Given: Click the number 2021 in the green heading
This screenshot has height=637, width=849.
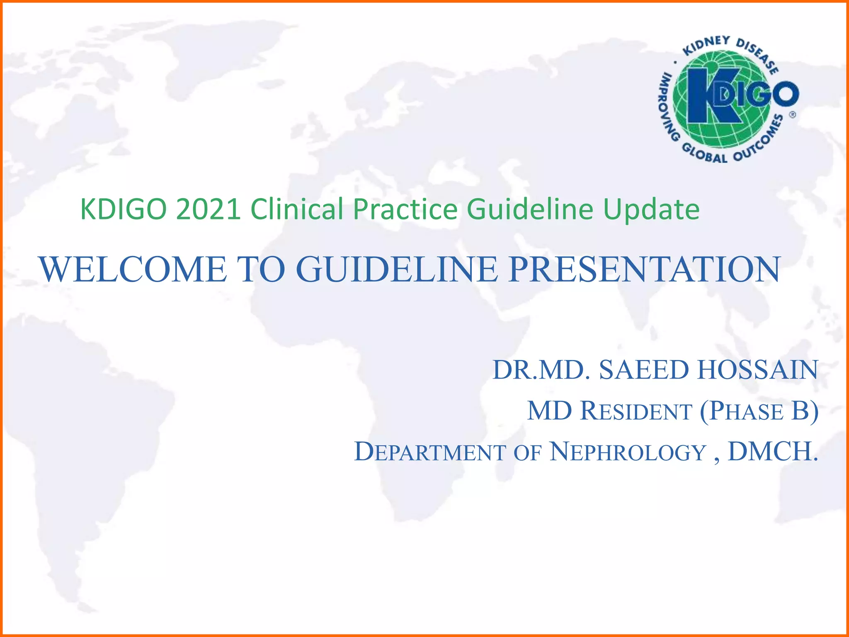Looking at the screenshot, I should [x=208, y=209].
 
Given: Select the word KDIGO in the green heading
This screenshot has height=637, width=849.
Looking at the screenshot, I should [x=124, y=209].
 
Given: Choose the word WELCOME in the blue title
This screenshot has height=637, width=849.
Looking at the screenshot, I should [x=133, y=270].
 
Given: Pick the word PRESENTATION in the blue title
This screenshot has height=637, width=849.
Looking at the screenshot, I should [x=645, y=270].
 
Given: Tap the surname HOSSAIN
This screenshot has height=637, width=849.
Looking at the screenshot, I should [x=757, y=370].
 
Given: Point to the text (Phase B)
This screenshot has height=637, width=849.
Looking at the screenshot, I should [x=759, y=411].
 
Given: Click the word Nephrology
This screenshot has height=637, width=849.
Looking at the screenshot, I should [x=628, y=452].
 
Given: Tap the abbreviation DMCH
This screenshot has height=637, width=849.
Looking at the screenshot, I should [x=772, y=452].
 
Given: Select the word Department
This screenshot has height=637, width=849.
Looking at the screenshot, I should [x=430, y=452].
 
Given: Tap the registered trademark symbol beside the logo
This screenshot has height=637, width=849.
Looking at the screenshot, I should [x=792, y=115].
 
